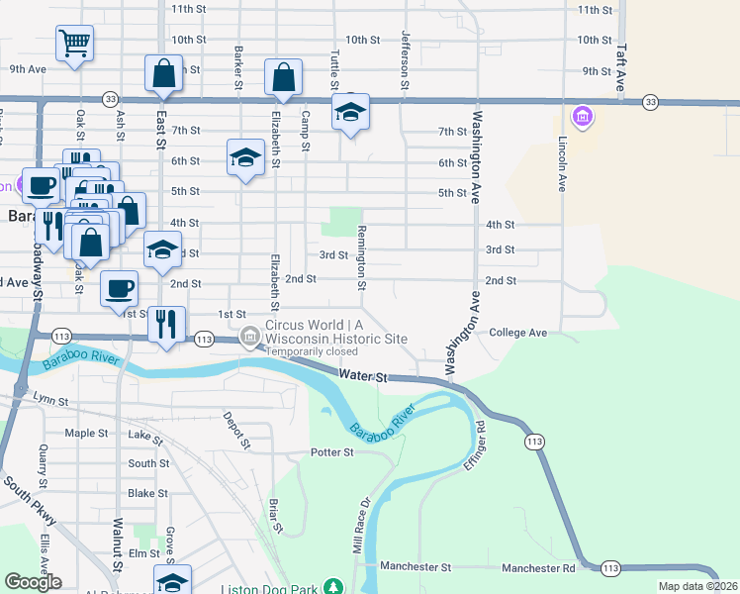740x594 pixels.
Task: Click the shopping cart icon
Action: (75, 44)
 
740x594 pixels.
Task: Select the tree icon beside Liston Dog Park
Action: (334, 588)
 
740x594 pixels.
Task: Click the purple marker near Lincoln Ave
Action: (582, 119)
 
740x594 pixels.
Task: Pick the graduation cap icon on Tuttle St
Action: (350, 114)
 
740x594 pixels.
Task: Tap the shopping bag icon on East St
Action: (163, 73)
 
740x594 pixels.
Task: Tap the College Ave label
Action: (517, 333)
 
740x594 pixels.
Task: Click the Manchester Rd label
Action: (538, 568)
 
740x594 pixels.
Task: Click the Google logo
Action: (34, 581)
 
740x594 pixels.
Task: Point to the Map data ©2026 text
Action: (697, 586)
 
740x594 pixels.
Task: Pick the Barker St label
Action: (238, 66)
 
